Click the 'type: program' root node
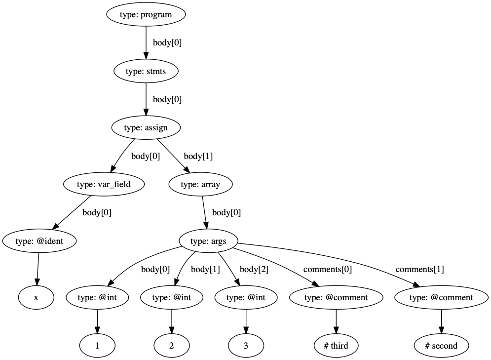click(x=146, y=14)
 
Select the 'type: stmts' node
click(x=146, y=72)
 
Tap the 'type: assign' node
click(x=146, y=128)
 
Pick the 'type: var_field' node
click(x=104, y=185)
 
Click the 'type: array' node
click(x=200, y=185)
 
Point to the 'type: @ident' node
click(x=39, y=241)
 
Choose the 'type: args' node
click(x=208, y=241)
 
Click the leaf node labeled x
click(x=36, y=298)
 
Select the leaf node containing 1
click(x=97, y=346)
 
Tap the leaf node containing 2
click(x=171, y=346)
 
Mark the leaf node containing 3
click(x=246, y=346)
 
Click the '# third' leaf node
click(x=336, y=346)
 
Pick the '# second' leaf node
click(x=441, y=346)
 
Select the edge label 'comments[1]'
click(x=419, y=270)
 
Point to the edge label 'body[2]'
click(x=254, y=270)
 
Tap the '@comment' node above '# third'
click(x=336, y=298)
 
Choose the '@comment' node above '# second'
click(x=441, y=298)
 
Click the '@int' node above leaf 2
click(x=171, y=298)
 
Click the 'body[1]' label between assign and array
click(x=198, y=157)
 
